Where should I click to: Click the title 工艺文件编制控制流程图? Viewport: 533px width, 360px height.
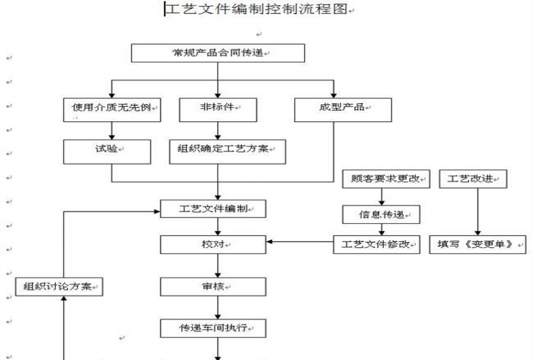tap(256, 10)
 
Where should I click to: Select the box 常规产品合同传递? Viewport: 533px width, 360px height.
tap(217, 53)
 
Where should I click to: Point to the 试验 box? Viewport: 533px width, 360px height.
tap(107, 151)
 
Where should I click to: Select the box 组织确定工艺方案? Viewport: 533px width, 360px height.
tap(227, 151)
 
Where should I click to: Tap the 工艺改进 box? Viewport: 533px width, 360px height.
tap(473, 179)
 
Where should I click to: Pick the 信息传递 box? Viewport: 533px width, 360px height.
tap(381, 214)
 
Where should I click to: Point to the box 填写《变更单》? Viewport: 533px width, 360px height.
tap(477, 245)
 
